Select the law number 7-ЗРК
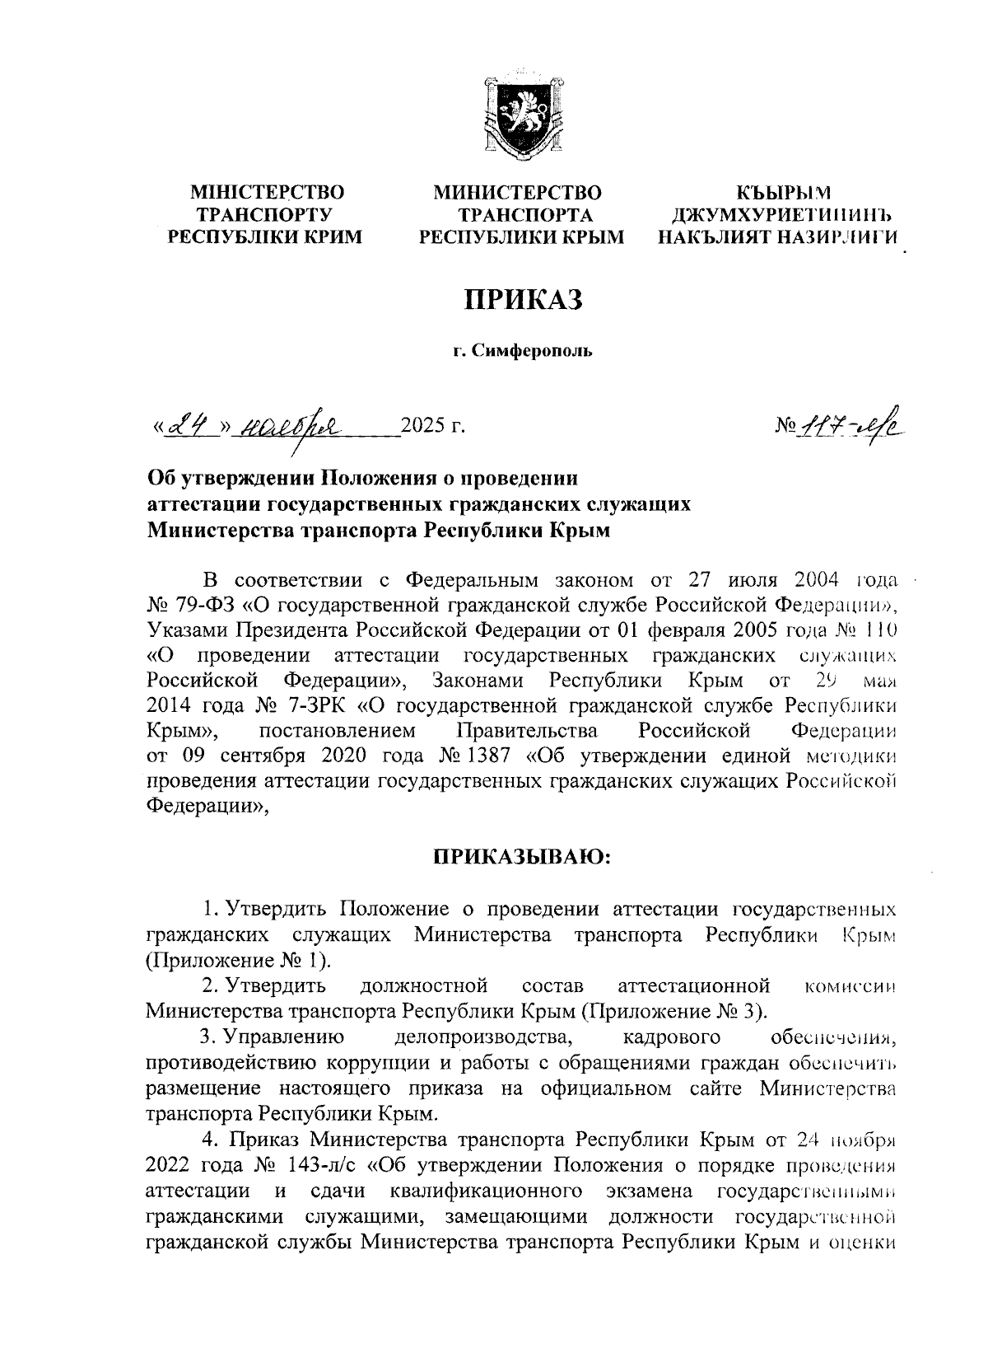pos(309,707)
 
